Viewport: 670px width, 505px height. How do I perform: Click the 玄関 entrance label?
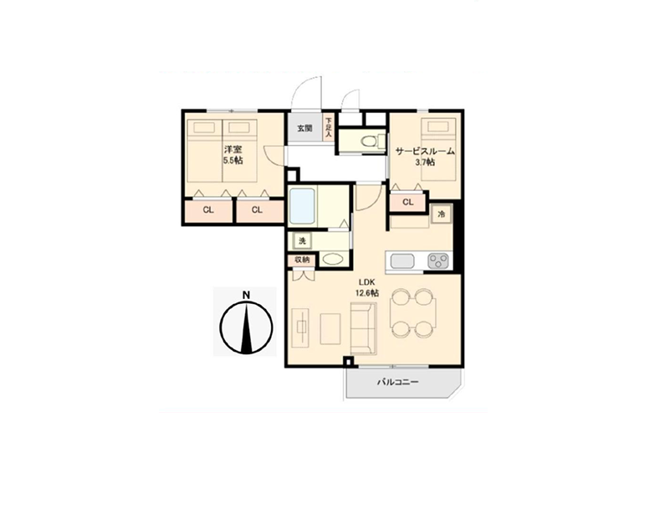click(x=304, y=128)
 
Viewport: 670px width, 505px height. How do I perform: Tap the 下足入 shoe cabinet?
click(x=328, y=127)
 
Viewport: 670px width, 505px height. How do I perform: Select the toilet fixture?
click(x=369, y=141)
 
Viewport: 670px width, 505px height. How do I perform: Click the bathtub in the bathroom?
click(x=303, y=206)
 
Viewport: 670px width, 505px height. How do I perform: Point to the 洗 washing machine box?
click(x=302, y=241)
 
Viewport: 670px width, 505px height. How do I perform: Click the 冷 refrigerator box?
click(x=441, y=214)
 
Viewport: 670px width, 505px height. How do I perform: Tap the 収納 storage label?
click(x=302, y=260)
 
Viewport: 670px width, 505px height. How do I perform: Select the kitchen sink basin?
click(x=402, y=261)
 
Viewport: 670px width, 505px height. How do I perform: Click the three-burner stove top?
click(x=438, y=261)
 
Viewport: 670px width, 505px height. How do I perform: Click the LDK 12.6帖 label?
click(x=366, y=287)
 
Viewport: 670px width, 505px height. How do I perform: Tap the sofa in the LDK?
click(x=364, y=328)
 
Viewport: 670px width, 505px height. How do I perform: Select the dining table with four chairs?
click(x=413, y=312)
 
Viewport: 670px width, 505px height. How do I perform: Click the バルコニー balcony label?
click(x=398, y=382)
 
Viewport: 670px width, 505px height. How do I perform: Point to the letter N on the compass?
click(x=246, y=295)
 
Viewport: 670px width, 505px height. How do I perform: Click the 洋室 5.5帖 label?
click(x=233, y=155)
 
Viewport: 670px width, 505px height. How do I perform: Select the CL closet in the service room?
click(x=408, y=202)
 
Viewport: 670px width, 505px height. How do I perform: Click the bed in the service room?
click(x=441, y=149)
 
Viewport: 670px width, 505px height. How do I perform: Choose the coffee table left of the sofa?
click(x=330, y=328)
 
